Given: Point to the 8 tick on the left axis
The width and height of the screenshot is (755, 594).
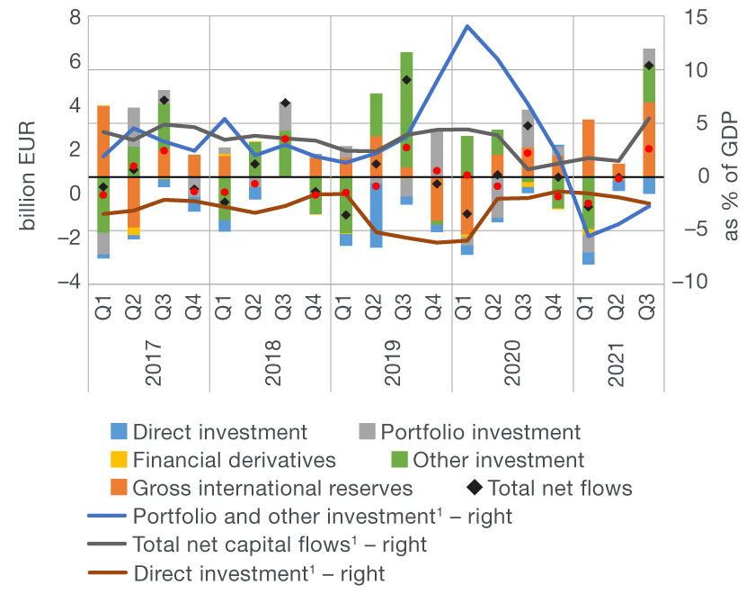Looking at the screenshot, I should click(75, 18).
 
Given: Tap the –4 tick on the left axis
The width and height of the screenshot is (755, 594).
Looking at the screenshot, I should click(69, 283).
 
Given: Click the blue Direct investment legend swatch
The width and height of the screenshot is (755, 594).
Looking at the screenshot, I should click(118, 432).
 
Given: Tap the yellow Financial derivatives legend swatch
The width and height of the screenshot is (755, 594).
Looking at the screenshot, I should click(118, 460).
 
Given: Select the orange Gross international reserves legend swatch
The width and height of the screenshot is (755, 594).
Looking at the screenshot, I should click(118, 488).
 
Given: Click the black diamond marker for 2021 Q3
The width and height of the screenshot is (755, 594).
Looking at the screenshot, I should click(649, 66).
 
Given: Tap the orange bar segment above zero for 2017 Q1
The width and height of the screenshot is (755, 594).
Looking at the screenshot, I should click(103, 140).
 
